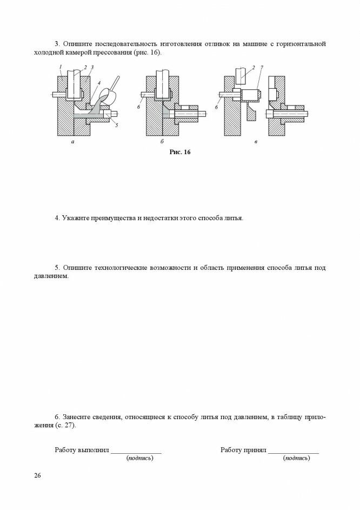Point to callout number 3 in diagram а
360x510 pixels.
(92, 67)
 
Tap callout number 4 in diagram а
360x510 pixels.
(99, 82)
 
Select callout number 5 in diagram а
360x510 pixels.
(116, 125)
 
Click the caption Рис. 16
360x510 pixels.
(180, 153)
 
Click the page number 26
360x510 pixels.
(37, 475)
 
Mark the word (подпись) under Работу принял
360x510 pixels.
(297, 459)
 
